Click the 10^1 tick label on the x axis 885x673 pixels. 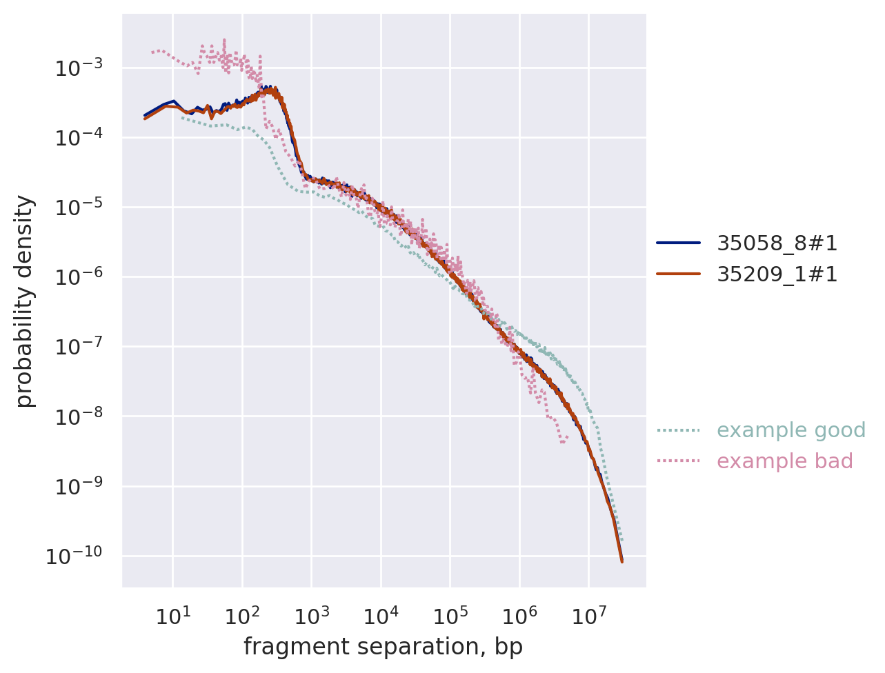coord(172,615)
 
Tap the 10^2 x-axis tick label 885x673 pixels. coord(242,615)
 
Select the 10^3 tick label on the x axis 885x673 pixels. coord(311,615)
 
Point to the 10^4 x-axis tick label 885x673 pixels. coord(381,615)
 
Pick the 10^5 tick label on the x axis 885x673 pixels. coord(450,615)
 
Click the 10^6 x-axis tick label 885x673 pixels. coord(519,615)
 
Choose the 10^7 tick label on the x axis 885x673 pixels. coord(588,615)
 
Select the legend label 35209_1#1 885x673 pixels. coord(777,274)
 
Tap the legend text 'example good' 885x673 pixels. coord(790,430)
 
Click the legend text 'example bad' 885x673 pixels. coord(784,461)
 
